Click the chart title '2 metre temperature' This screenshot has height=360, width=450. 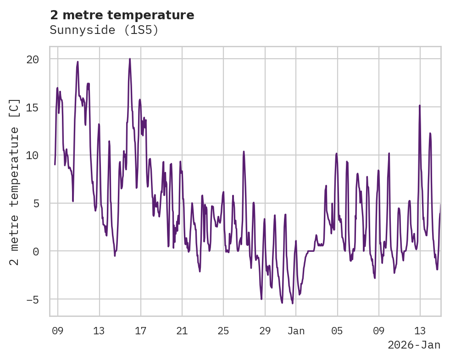tap(122, 15)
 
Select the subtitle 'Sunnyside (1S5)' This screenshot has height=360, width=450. tap(104, 30)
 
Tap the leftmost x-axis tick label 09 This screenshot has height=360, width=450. tap(58, 331)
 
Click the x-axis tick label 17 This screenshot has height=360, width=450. tap(141, 331)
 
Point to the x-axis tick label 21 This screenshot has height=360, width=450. tap(182, 331)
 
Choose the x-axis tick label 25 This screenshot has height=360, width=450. tap(223, 331)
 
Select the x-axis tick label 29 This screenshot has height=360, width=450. tap(265, 331)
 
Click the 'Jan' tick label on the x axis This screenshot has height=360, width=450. tap(296, 331)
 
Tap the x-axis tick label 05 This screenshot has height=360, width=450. tap(338, 331)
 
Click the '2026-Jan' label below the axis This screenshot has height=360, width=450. tap(414, 345)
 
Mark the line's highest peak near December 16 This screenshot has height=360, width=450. tap(130, 59)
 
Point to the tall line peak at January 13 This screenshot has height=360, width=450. tap(419, 105)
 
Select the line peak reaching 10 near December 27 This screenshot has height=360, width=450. tap(244, 151)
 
